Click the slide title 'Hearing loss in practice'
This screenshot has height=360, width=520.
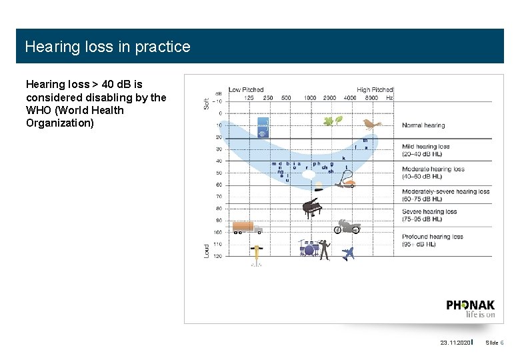click(107, 47)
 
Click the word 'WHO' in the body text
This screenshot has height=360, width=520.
click(39, 110)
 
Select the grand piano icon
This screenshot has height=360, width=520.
click(311, 207)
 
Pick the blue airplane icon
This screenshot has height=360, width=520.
click(347, 253)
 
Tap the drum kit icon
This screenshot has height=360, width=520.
click(309, 249)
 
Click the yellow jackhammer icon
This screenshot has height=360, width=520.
click(256, 254)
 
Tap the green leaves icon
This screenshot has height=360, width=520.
click(333, 121)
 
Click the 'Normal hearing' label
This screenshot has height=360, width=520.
click(423, 125)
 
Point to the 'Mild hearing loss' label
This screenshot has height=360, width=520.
click(425, 147)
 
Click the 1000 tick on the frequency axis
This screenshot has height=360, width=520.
click(310, 97)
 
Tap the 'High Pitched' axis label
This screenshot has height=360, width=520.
click(375, 89)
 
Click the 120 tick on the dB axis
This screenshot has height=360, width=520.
click(217, 256)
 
